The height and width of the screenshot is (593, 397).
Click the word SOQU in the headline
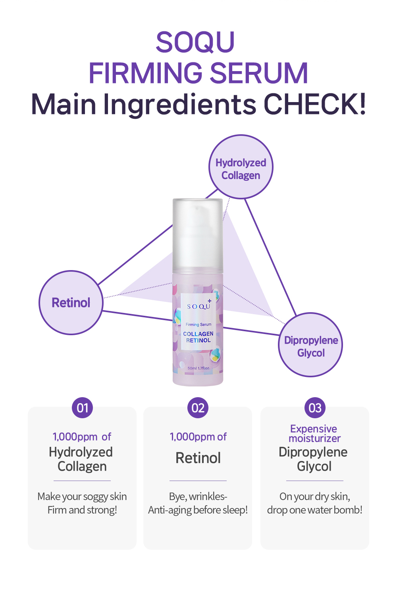click(x=195, y=42)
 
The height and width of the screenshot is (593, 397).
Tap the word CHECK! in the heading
click(x=315, y=104)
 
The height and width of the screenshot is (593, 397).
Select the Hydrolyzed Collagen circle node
click(x=241, y=167)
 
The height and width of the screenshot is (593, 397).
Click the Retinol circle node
click(x=71, y=303)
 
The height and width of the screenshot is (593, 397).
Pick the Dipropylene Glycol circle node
click(x=310, y=345)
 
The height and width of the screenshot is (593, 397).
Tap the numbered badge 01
click(x=83, y=408)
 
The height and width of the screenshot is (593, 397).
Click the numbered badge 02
click(x=198, y=408)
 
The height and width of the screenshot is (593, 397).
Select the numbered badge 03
click(x=315, y=408)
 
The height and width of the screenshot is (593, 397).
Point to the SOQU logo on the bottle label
click(x=199, y=305)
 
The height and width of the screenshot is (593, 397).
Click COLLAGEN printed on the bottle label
click(x=198, y=334)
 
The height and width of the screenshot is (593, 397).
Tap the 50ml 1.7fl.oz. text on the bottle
click(x=199, y=368)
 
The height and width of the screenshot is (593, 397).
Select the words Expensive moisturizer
click(x=314, y=434)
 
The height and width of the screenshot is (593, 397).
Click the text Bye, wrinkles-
click(x=198, y=496)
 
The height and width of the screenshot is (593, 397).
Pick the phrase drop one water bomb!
click(x=315, y=510)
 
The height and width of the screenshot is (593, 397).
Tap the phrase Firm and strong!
click(x=82, y=510)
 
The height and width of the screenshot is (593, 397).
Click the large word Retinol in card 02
click(x=198, y=458)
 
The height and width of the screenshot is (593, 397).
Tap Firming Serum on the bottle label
click(x=198, y=325)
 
